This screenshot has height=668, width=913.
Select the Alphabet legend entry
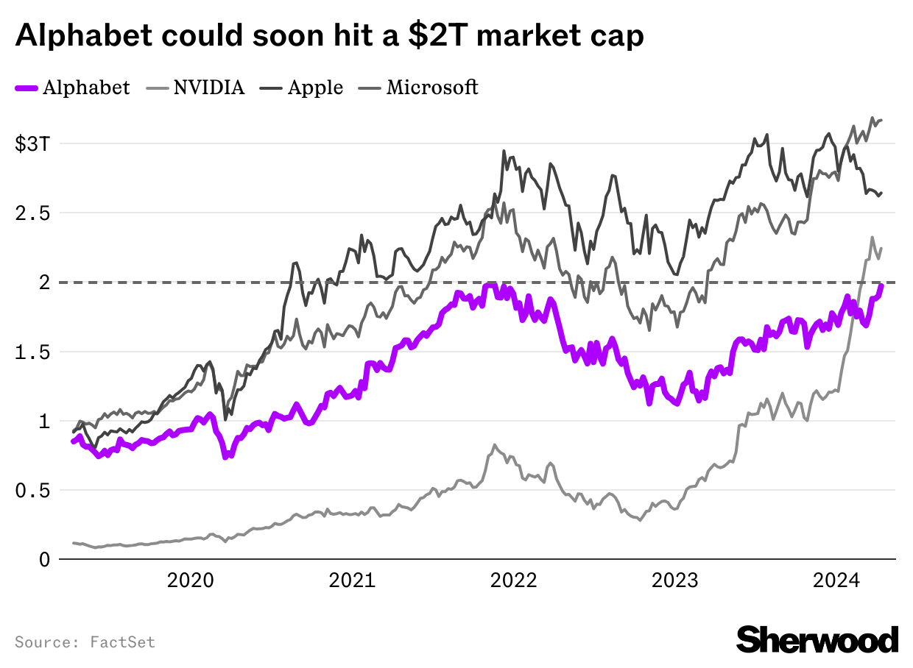click(86, 88)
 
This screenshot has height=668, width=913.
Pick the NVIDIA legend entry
click(208, 88)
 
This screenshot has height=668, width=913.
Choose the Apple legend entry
click(315, 88)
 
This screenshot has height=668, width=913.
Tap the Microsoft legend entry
click(432, 88)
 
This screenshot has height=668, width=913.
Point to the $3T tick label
click(33, 144)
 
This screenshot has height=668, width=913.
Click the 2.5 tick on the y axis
click(33, 213)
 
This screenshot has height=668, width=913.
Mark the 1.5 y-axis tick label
click(33, 352)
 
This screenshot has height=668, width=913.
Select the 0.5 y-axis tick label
click(33, 491)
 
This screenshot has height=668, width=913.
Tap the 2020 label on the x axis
click(191, 580)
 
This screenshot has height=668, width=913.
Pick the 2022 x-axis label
click(514, 580)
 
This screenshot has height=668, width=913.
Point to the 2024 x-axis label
click(836, 580)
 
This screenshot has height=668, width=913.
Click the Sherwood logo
click(817, 639)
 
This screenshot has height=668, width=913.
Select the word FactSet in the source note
click(123, 642)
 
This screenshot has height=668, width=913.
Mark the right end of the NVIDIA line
click(881, 248)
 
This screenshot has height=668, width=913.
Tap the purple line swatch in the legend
click(27, 88)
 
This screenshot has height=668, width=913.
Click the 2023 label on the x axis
click(675, 580)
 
